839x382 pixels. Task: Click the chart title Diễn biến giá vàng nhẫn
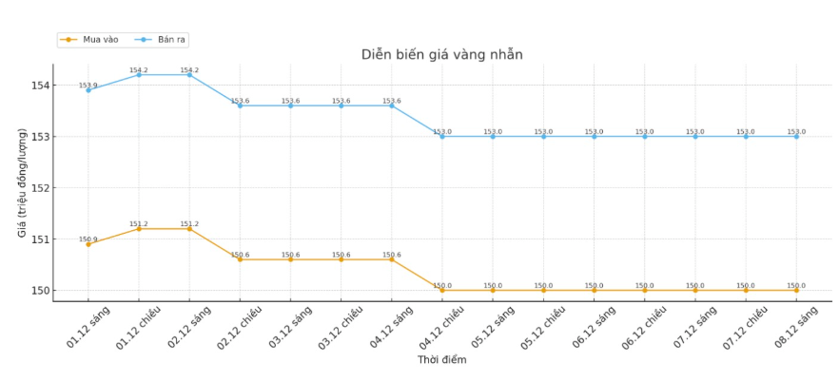click(x=441, y=54)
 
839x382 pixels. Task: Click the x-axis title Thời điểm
click(x=441, y=360)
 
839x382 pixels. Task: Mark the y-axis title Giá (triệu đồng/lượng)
click(x=22, y=182)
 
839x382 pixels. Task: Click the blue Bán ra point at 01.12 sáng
click(x=88, y=90)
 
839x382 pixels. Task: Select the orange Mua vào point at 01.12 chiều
click(x=139, y=229)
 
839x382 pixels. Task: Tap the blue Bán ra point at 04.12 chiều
click(x=442, y=137)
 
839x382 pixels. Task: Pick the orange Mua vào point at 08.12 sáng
click(x=796, y=291)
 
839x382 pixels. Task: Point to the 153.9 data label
click(x=88, y=86)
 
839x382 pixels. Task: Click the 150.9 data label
click(x=88, y=239)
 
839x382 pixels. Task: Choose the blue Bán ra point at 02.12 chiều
click(x=240, y=105)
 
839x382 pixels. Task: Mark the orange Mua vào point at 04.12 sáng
click(x=392, y=259)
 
